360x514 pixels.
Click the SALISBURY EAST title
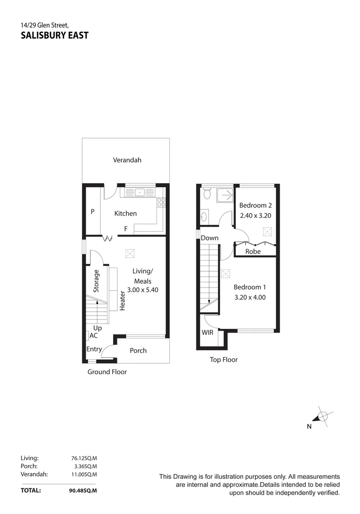pyautogui.click(x=55, y=35)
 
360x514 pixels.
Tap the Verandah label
pyautogui.click(x=127, y=160)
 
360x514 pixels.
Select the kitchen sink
pyautogui.click(x=140, y=192)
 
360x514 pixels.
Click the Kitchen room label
pyautogui.click(x=126, y=214)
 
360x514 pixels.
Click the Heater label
pyautogui.click(x=122, y=300)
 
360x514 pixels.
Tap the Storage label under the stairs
pyautogui.click(x=97, y=281)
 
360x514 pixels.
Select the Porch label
pyautogui.click(x=138, y=351)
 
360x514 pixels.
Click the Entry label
pyautogui.click(x=94, y=349)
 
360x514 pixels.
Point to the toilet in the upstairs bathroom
pyautogui.click(x=206, y=193)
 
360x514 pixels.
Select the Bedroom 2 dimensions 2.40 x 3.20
pyautogui.click(x=255, y=215)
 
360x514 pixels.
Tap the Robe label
pyautogui.click(x=253, y=251)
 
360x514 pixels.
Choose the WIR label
pyautogui.click(x=208, y=333)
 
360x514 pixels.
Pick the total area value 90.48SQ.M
pyautogui.click(x=83, y=490)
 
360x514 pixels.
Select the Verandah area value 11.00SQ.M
pyautogui.click(x=84, y=474)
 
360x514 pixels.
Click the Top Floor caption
pyautogui.click(x=224, y=360)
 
